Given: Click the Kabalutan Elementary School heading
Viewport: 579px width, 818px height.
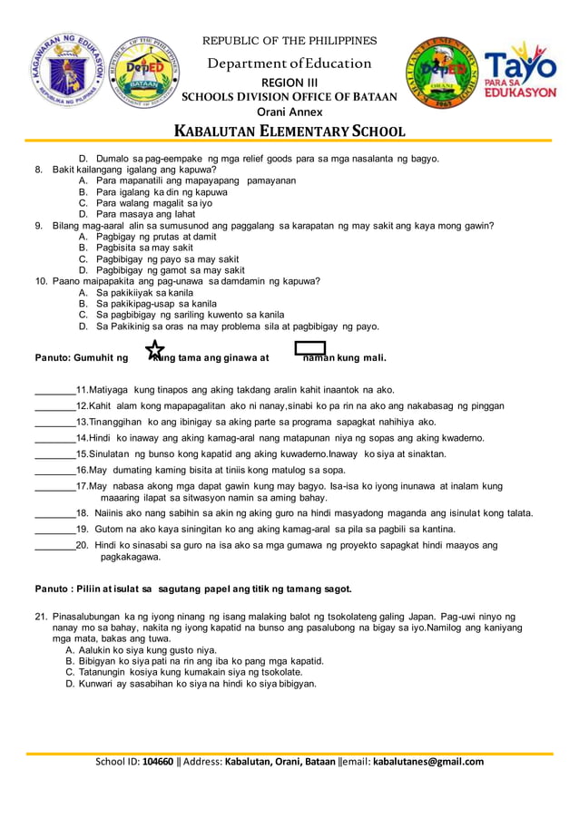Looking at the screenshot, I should pos(289,131).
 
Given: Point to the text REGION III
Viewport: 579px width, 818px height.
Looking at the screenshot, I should pos(289,83).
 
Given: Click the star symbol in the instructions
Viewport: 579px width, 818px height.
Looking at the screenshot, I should pos(155,350).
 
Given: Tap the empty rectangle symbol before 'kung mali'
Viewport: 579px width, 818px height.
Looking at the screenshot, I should pos(310,349).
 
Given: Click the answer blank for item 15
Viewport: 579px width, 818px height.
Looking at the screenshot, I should pos(54,454).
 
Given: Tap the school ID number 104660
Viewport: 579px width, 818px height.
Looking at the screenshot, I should pos(158,762).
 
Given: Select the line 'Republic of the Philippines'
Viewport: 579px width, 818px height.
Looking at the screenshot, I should pos(289,41).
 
